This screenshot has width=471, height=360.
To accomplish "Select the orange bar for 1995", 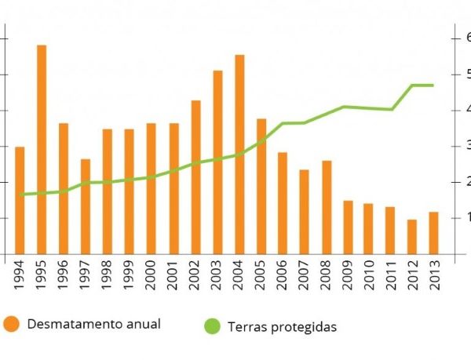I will [x=42, y=149].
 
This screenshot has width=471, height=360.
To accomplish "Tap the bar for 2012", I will [x=411, y=236].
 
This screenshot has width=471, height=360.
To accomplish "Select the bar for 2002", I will [x=195, y=176].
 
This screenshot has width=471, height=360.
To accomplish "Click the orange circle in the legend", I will [x=11, y=323].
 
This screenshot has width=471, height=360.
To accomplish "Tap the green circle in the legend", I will [x=212, y=325].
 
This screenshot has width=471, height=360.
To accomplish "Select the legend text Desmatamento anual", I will [x=93, y=323].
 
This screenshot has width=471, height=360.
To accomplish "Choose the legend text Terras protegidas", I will [x=282, y=326].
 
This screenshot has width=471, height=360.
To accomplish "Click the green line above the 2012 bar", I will [x=411, y=85].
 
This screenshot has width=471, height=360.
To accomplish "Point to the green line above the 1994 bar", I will [x=20, y=194].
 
